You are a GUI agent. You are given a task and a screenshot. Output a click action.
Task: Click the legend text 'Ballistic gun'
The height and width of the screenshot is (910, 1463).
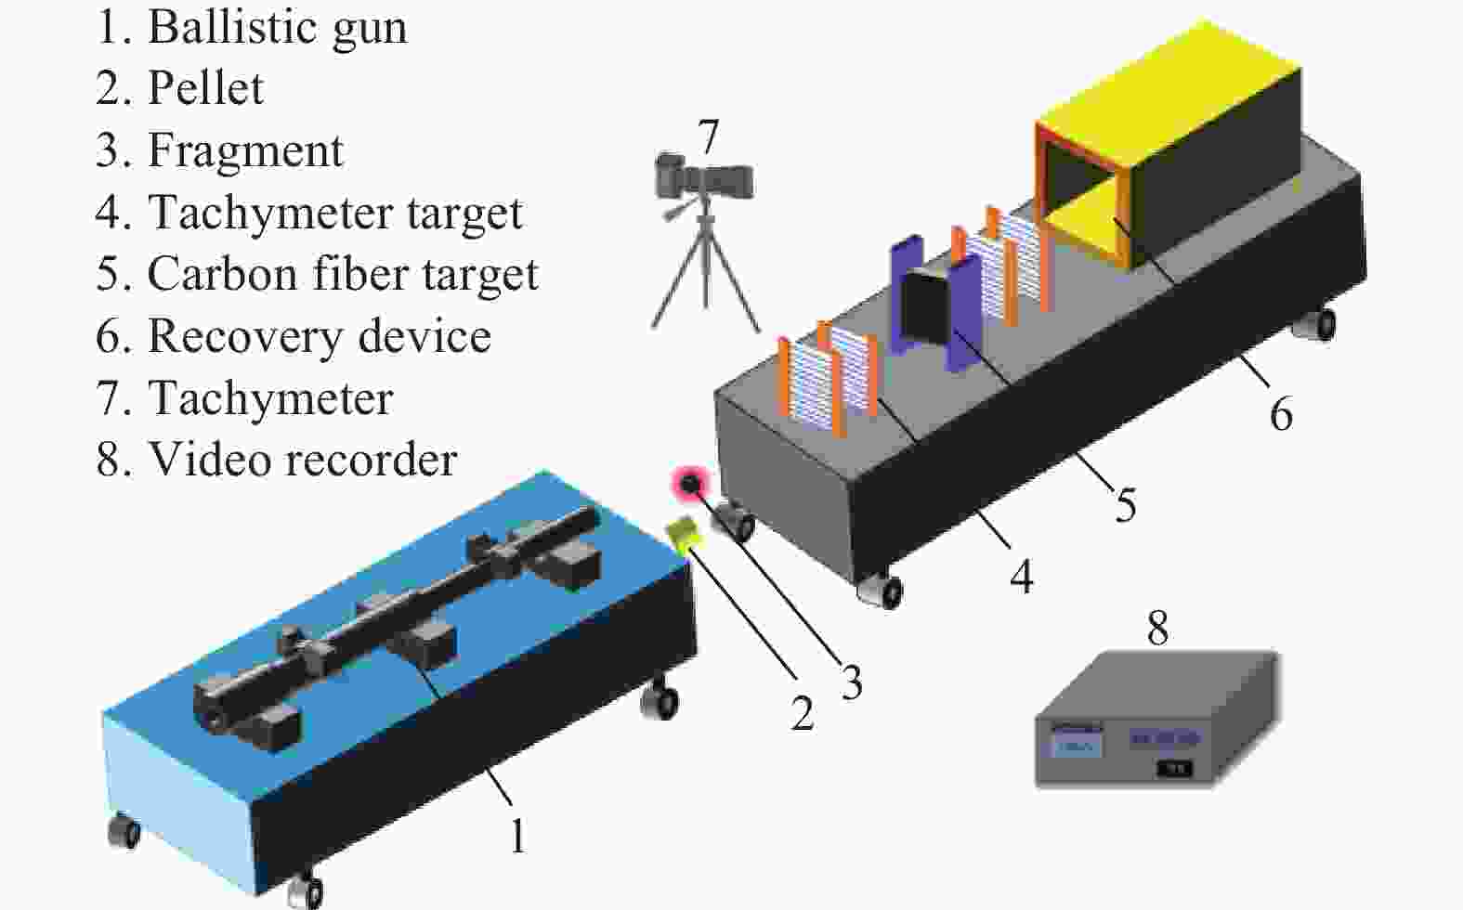pyautogui.click(x=278, y=29)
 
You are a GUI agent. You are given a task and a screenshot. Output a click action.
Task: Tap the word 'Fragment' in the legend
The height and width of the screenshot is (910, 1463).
pyautogui.click(x=245, y=150)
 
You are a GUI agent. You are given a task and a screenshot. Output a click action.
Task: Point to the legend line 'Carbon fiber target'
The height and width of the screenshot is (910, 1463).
pyautogui.click(x=343, y=274)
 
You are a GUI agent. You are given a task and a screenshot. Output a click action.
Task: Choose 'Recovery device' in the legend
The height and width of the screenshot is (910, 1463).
pyautogui.click(x=320, y=335)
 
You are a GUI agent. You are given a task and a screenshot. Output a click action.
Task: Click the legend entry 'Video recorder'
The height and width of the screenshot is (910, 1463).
pyautogui.click(x=303, y=460)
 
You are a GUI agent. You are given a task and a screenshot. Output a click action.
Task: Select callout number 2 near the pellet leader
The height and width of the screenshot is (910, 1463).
pyautogui.click(x=802, y=713)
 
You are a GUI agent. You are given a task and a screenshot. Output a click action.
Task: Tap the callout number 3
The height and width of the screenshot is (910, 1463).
pyautogui.click(x=851, y=682)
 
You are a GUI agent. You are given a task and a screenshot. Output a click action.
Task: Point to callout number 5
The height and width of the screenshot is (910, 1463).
pyautogui.click(x=1125, y=504)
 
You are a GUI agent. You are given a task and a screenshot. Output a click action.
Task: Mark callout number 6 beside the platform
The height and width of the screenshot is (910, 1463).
pyautogui.click(x=1281, y=414)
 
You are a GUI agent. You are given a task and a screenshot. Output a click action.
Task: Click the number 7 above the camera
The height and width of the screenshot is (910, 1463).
pyautogui.click(x=709, y=136)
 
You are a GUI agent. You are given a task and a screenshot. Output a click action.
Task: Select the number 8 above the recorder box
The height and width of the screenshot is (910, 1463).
pyautogui.click(x=1158, y=628)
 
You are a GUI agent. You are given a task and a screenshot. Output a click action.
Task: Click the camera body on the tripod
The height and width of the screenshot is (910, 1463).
pyautogui.click(x=704, y=176)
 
